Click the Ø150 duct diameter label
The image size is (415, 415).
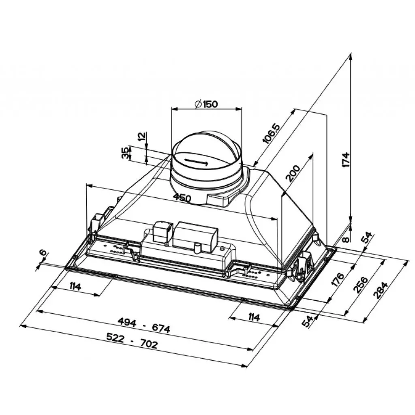point(206,104)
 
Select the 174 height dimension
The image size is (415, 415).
point(346,160)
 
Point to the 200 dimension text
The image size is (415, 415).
point(293,173)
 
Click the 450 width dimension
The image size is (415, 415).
point(182,197)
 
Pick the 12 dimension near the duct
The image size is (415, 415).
point(142,136)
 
